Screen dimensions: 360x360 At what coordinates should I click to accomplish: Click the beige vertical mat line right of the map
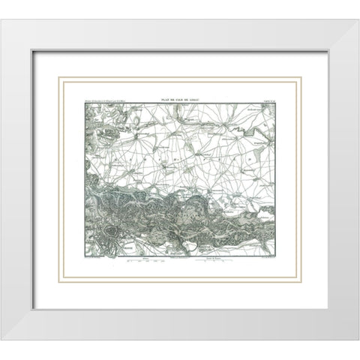[295, 180]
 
